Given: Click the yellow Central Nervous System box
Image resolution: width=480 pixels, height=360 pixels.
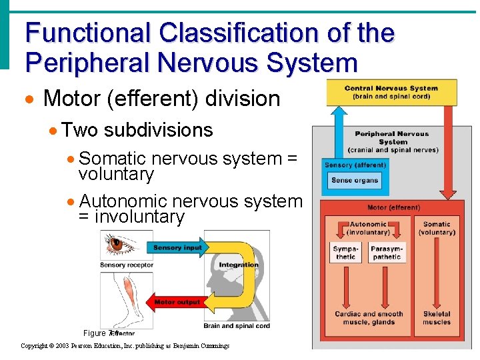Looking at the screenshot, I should tap(391, 92).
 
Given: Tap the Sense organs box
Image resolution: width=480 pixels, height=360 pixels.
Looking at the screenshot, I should tap(355, 180).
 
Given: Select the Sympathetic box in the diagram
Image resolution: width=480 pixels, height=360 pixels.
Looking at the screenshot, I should tap(345, 253).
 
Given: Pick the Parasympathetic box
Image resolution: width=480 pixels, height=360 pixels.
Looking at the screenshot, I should tap(387, 253).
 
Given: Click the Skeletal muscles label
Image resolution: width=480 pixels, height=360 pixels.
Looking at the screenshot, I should tap(437, 318).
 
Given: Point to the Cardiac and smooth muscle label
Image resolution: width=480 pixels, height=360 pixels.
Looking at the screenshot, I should tap(369, 318).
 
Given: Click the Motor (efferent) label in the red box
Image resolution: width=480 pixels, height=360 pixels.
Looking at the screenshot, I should tap(393, 207).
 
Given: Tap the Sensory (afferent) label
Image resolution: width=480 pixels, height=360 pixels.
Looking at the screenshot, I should tap(355, 165).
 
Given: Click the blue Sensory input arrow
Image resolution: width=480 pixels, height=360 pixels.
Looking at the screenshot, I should tap(175, 248).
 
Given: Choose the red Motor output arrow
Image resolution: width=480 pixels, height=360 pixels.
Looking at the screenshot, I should tap(175, 302).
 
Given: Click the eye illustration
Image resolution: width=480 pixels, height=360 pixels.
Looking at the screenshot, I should tap(117, 245).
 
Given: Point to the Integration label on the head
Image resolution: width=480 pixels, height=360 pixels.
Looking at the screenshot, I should tap(238, 265).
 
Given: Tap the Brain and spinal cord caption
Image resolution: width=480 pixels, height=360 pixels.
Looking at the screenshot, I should tap(237, 326).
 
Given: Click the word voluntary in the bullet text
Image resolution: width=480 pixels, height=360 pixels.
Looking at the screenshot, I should tap(116, 175).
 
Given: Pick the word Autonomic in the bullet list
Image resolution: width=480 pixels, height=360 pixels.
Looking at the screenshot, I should tap(125, 201).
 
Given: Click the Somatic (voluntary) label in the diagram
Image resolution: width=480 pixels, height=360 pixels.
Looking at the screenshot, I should tap(437, 228).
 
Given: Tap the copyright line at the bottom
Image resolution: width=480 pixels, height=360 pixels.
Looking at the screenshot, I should tap(125, 345).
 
